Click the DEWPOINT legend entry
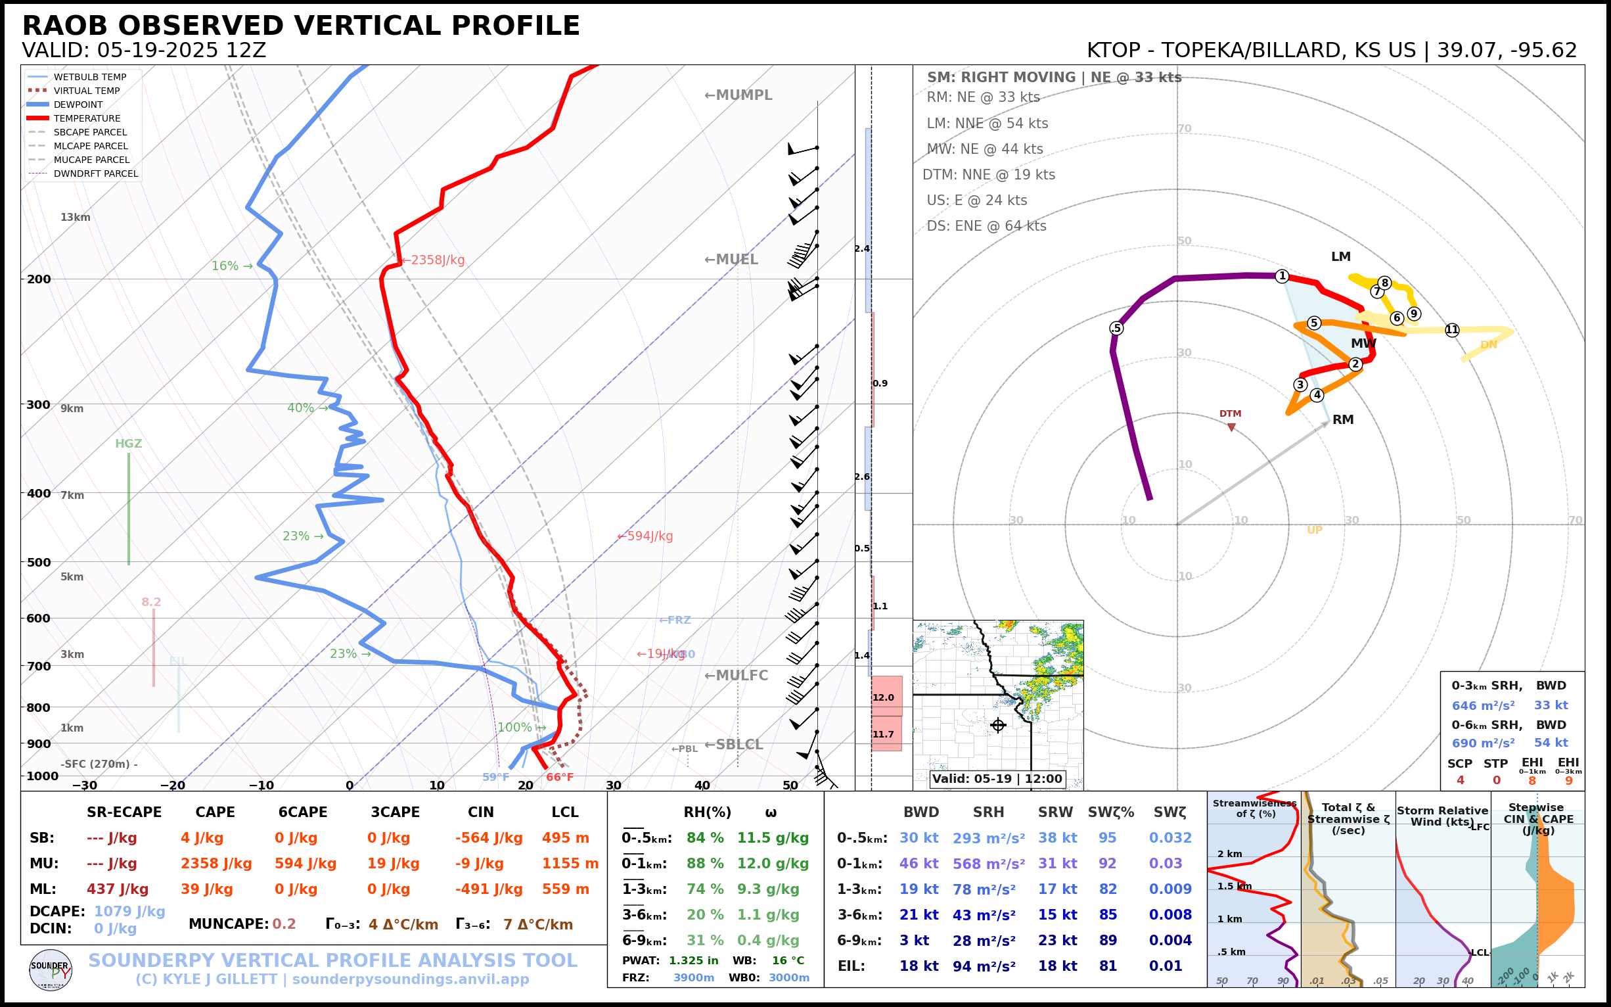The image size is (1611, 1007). click(x=78, y=105)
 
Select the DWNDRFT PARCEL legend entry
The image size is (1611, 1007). click(x=96, y=174)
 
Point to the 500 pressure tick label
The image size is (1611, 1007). click(x=39, y=562)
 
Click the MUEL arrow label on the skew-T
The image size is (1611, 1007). click(x=731, y=260)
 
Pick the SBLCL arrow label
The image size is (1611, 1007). click(x=734, y=745)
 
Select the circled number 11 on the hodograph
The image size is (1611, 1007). click(x=1452, y=330)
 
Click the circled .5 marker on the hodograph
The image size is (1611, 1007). click(x=1116, y=328)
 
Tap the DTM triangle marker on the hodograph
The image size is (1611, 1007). click(x=1231, y=427)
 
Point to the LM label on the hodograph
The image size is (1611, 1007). click(x=1341, y=256)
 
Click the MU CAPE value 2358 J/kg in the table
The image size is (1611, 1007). click(x=216, y=864)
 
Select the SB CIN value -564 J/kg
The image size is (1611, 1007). click(x=489, y=838)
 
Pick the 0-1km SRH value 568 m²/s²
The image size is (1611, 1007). click(x=989, y=864)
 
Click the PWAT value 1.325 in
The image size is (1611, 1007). click(x=694, y=960)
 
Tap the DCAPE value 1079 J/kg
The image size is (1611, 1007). click(x=129, y=911)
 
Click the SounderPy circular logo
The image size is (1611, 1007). click(x=51, y=970)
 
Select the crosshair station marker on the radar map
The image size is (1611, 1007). click(x=998, y=725)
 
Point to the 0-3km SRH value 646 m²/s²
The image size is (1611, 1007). click(x=1483, y=705)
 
